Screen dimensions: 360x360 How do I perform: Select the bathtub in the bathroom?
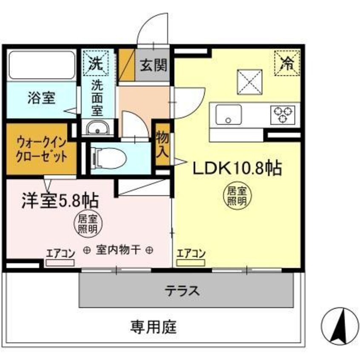pos(41,65)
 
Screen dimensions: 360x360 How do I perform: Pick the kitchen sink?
pos(229,114)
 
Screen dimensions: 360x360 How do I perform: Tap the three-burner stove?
pos(283,114)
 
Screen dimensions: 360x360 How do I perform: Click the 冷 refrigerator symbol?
pos(288,63)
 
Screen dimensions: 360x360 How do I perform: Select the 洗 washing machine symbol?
pos(96,63)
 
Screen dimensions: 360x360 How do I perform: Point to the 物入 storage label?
pos(163,145)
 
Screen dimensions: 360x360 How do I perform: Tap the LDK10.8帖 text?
pos(237,169)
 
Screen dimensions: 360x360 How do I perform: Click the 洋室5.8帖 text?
pos(61,200)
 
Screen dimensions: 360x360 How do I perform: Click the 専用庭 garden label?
pos(153,327)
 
